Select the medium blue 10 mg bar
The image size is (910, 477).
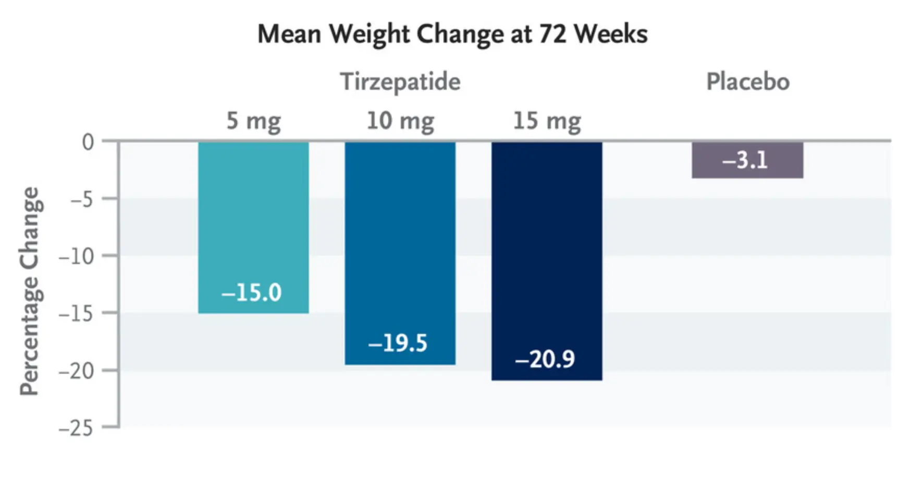(x=400, y=235)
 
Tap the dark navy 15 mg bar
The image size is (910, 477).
(x=547, y=245)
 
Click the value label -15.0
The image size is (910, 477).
(x=251, y=293)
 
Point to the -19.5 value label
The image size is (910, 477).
(x=398, y=343)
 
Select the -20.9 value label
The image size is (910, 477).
(x=545, y=360)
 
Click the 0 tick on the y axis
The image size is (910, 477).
(x=88, y=142)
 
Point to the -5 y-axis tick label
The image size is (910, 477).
(x=82, y=199)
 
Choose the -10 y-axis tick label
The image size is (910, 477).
(x=76, y=256)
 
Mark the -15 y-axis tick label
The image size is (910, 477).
(x=76, y=314)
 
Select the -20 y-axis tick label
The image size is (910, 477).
(x=76, y=371)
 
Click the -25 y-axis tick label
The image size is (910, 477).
(x=76, y=428)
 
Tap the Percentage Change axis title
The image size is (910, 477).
(x=30, y=291)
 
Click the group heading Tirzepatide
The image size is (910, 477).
(x=400, y=82)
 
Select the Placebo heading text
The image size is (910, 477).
(x=747, y=82)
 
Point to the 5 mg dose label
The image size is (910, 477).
(x=253, y=121)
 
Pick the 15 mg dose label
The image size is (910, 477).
(x=547, y=121)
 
